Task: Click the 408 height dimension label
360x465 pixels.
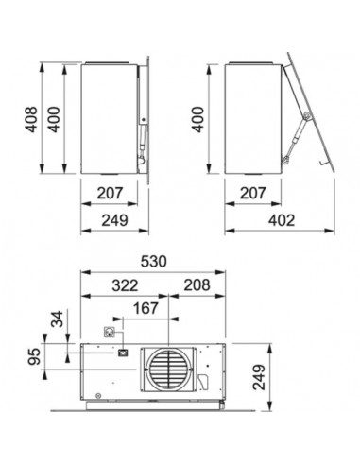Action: click(32, 120)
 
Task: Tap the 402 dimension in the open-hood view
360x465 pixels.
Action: click(282, 220)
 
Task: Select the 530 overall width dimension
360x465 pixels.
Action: click(153, 262)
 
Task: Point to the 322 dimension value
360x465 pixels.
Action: click(125, 285)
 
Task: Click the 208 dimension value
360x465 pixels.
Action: click(197, 285)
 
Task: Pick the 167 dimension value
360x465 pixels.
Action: click(146, 308)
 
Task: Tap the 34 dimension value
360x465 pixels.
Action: click(57, 319)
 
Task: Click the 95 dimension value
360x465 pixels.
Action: click(34, 356)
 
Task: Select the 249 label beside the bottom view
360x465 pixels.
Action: click(259, 377)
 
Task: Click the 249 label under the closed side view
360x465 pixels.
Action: click(114, 220)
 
